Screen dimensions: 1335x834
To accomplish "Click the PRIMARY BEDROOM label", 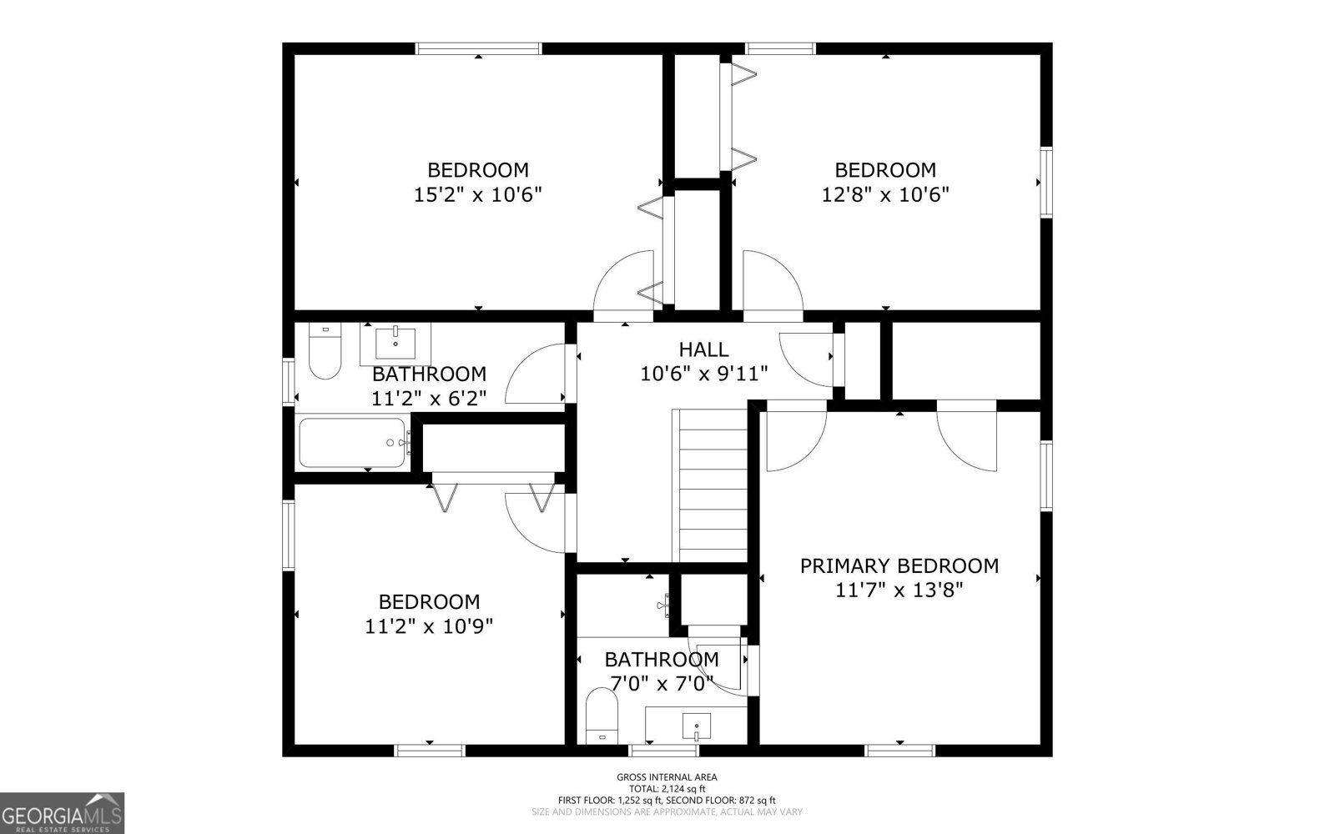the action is [899, 566].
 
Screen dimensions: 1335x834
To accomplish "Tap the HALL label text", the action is [704, 349].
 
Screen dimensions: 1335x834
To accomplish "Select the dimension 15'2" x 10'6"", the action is [478, 195].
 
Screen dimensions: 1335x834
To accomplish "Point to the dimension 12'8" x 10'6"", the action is [885, 195].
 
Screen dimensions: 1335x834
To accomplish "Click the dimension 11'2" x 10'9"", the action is [429, 626].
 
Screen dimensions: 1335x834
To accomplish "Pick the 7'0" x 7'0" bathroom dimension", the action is [662, 683].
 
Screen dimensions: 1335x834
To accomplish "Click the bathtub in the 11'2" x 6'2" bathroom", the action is [352, 443].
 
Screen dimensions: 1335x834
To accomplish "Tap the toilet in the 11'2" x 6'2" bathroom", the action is [325, 351].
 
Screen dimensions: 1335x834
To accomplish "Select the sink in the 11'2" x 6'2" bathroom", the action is [395, 344].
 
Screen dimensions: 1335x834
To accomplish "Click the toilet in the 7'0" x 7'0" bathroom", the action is [602, 716].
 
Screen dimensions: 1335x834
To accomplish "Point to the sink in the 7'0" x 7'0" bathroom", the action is [696, 726].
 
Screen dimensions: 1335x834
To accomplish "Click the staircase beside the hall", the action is [710, 485].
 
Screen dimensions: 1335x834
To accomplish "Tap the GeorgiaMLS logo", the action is [62, 813].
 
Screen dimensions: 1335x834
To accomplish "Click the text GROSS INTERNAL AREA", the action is [667, 777].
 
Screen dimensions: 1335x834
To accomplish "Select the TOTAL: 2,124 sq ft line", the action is [667, 789].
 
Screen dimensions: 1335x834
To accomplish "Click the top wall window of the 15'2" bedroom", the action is [479, 48].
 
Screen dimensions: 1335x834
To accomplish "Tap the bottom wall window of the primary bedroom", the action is [900, 751].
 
